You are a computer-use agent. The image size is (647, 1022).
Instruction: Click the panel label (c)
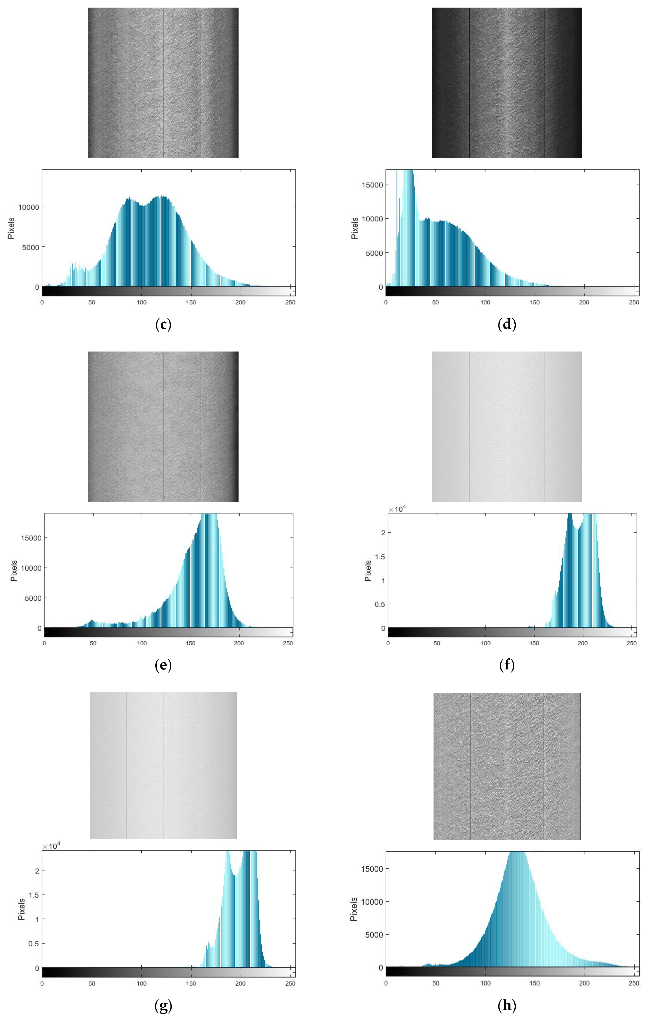pos(163,325)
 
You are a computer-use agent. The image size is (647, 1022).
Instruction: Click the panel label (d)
pos(507,325)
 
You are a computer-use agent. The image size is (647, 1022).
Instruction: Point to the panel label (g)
pos(163,1006)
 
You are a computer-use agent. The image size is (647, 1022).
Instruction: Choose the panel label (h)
pos(507,1006)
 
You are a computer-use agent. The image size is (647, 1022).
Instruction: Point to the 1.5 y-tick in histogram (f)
pos(380,556)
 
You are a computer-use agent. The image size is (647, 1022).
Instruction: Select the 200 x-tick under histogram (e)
pos(239,643)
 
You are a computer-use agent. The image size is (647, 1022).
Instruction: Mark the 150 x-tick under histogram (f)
pos(534,643)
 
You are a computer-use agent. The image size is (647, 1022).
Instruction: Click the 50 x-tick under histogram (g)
pos(92,983)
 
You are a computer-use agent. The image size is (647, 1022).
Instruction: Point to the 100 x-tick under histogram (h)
pos(485,983)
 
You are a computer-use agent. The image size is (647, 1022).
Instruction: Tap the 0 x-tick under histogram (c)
pos(42,302)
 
